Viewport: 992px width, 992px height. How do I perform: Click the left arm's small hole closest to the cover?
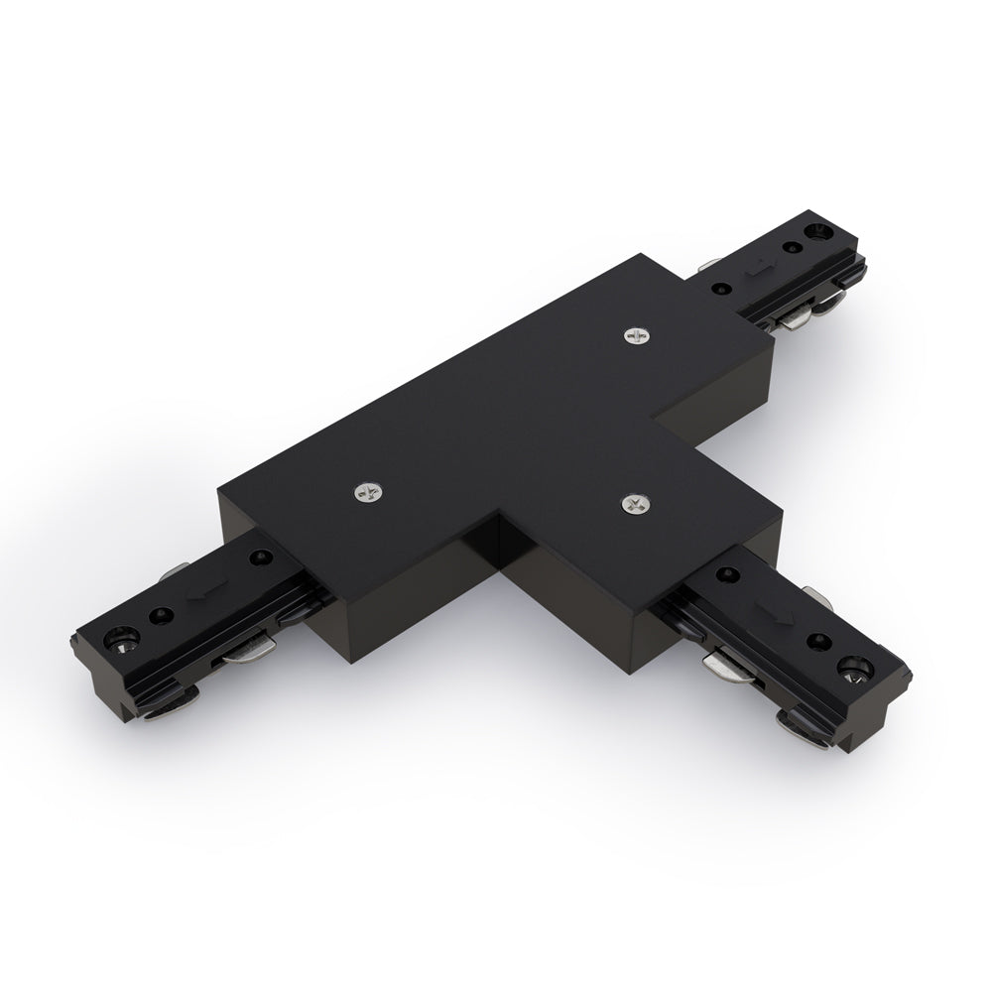pyautogui.click(x=261, y=558)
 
